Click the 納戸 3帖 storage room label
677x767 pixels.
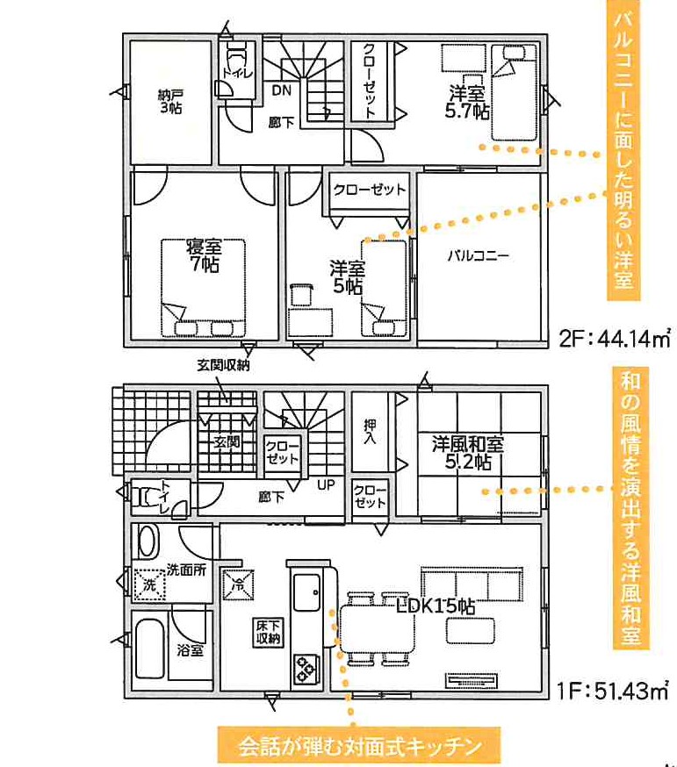pyautogui.click(x=170, y=101)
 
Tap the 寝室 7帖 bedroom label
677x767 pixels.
pyautogui.click(x=204, y=255)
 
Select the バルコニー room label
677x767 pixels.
pyautogui.click(x=479, y=255)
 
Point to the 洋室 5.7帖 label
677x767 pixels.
pyautogui.click(x=467, y=102)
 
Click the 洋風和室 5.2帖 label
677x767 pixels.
pyautogui.click(x=468, y=453)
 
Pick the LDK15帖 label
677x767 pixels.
pyautogui.click(x=436, y=607)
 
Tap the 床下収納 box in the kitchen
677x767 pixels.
pyautogui.click(x=269, y=633)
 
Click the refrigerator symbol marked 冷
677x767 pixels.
pyautogui.click(x=238, y=584)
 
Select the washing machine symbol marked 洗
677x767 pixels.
pyautogui.click(x=149, y=584)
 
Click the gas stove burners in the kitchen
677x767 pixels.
pyautogui.click(x=306, y=670)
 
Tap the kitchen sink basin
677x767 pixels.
pyautogui.click(x=307, y=592)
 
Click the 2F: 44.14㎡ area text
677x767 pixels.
pyautogui.click(x=615, y=339)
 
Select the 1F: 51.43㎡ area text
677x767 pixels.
pyautogui.click(x=613, y=691)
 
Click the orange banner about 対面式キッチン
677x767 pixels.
pyautogui.click(x=360, y=746)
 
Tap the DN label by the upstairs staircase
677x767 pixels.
pyautogui.click(x=282, y=90)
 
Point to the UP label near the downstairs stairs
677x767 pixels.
pyautogui.click(x=326, y=485)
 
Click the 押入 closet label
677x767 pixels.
pyautogui.click(x=371, y=431)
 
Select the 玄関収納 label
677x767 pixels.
pyautogui.click(x=223, y=365)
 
